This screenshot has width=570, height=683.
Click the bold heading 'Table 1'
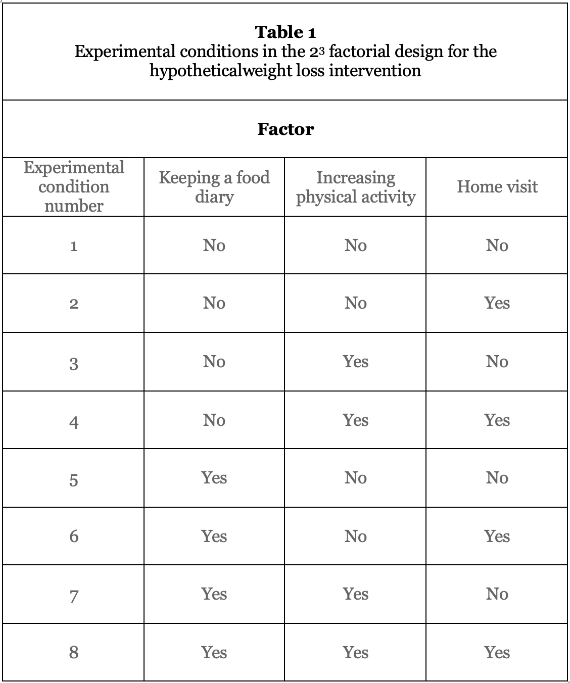[286, 32]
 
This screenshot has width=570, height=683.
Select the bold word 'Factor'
[286, 129]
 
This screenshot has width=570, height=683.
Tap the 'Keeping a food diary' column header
[214, 186]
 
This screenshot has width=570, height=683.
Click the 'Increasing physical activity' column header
[356, 186]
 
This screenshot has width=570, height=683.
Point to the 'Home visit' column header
[497, 187]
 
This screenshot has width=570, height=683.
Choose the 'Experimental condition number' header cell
[74, 186]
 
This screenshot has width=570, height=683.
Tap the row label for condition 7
[74, 596]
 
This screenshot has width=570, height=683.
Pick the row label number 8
[74, 653]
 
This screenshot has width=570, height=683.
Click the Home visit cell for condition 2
[497, 303]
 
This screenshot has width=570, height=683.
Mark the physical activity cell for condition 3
[356, 362]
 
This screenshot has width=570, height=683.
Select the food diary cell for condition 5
[214, 478]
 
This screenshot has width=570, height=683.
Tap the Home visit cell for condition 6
[497, 536]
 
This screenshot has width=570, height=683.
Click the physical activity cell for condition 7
[356, 594]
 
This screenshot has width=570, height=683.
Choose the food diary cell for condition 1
[214, 246]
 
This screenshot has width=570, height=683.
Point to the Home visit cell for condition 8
[497, 653]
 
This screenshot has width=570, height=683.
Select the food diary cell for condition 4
[214, 420]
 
